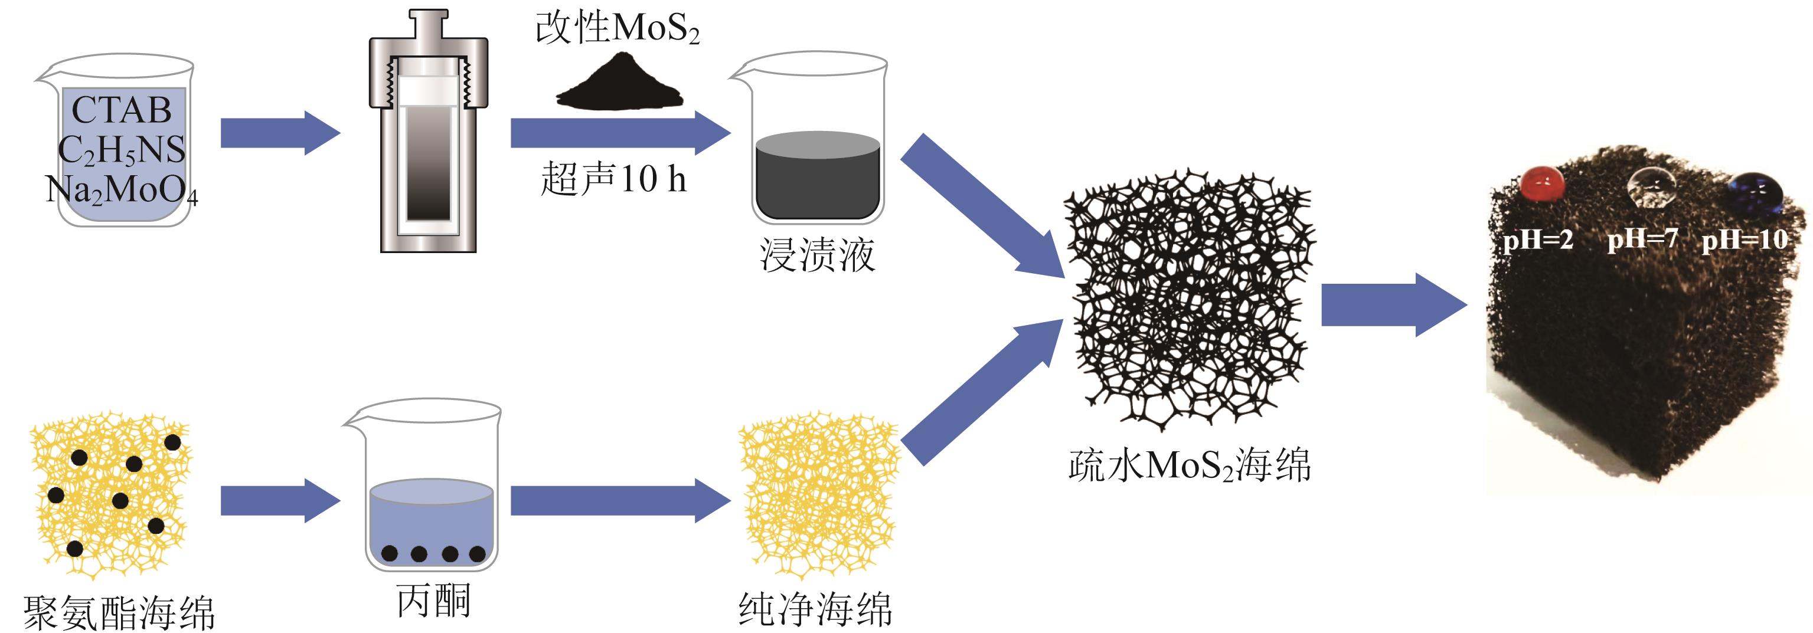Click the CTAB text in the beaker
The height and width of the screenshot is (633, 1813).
[121, 110]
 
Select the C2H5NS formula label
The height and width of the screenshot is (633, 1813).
[121, 150]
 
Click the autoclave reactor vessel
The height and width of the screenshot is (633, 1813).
[428, 134]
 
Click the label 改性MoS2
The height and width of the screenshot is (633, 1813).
[618, 29]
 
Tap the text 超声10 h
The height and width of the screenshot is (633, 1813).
[613, 179]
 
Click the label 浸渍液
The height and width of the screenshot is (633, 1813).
[817, 255]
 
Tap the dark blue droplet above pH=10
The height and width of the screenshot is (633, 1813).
[1755, 191]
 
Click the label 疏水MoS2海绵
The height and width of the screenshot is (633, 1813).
[1190, 465]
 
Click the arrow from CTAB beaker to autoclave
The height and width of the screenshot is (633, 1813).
[279, 133]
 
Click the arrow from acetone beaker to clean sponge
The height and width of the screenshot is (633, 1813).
[619, 501]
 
